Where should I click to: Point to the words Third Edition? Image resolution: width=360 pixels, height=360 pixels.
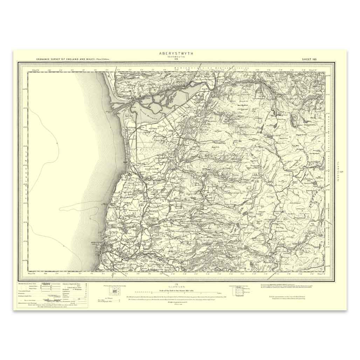tap(102, 60)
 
